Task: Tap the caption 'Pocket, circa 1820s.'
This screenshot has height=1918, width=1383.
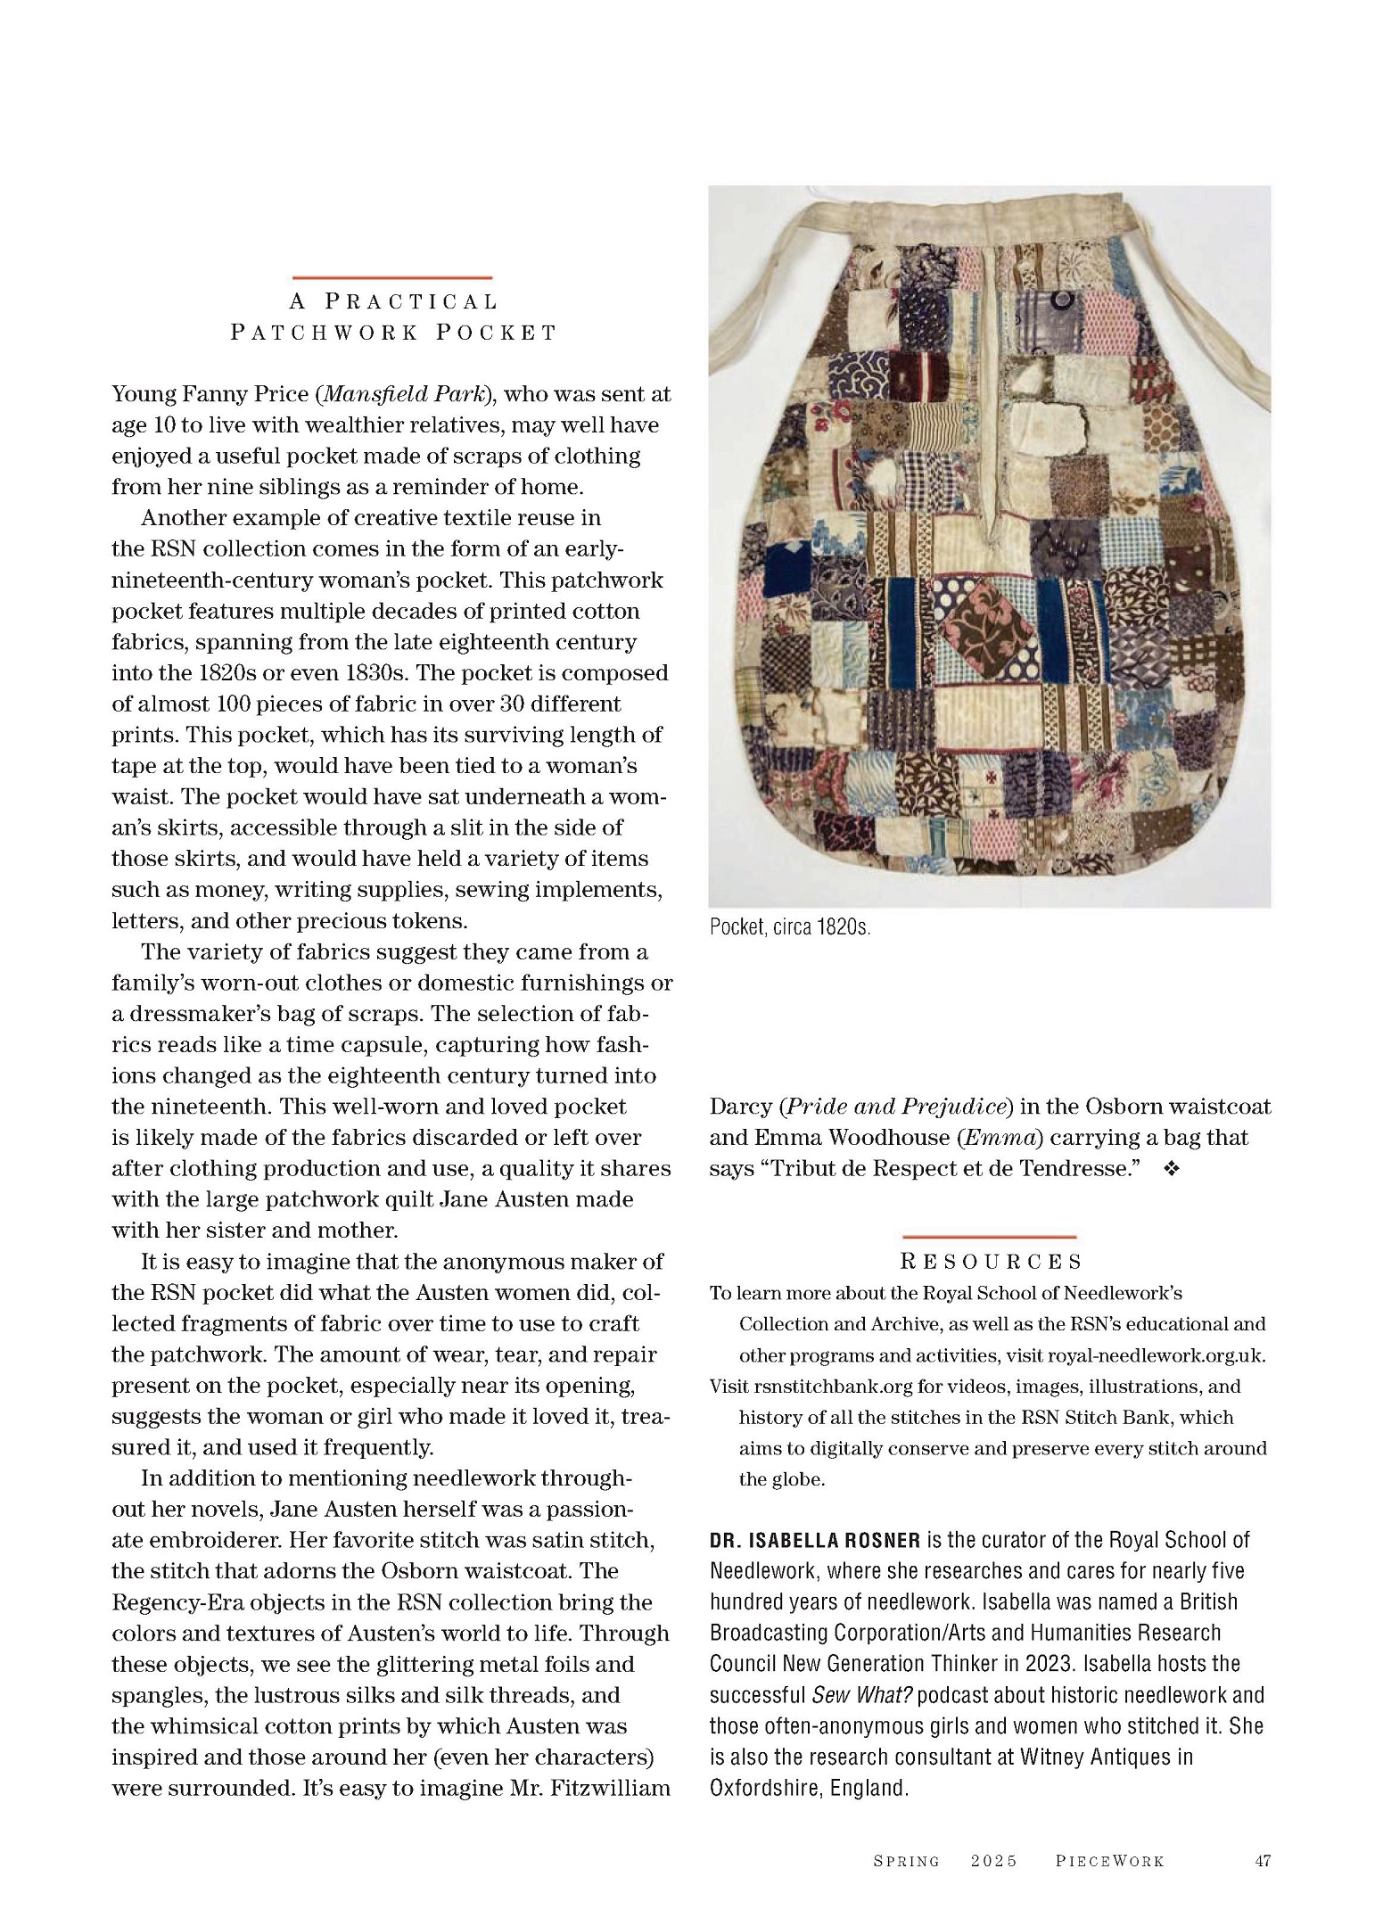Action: tap(789, 927)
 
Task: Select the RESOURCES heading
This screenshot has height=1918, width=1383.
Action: tap(991, 1262)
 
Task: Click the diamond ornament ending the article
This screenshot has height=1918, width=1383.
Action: tap(1172, 1170)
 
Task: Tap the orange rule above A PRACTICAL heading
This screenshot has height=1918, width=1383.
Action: tap(392, 278)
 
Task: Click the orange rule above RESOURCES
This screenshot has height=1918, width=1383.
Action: tap(989, 1237)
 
